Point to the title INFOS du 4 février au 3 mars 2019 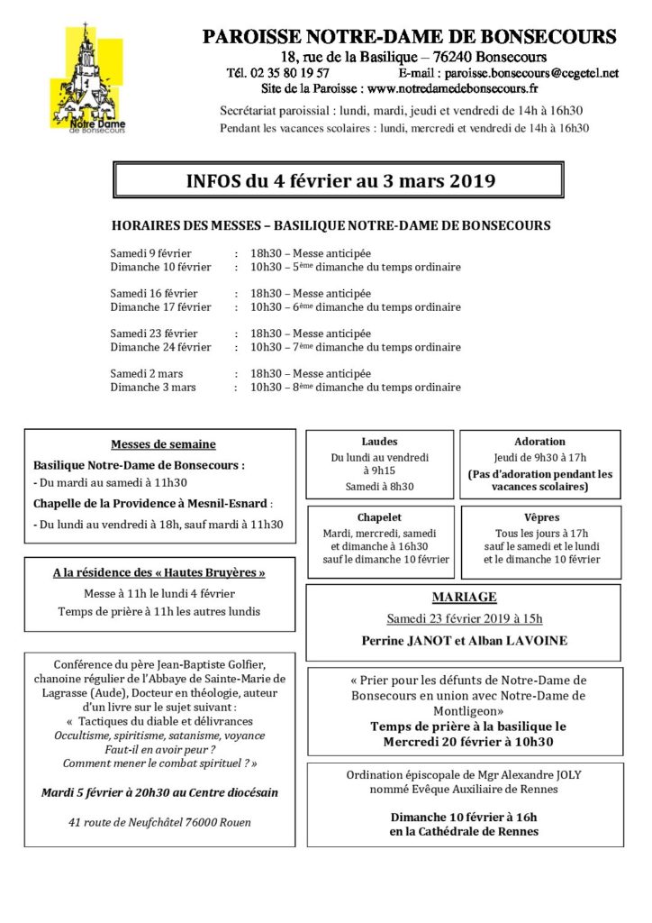[x=340, y=181]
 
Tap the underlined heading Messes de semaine [x=163, y=444]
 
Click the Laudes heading [x=379, y=442]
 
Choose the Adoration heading [x=539, y=442]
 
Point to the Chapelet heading [x=379, y=517]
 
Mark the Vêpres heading [x=539, y=517]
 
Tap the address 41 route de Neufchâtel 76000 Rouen [x=159, y=822]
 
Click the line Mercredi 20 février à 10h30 [x=465, y=742]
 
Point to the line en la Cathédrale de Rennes [x=465, y=831]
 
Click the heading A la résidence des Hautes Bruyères [x=159, y=572]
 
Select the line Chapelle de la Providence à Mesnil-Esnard [x=151, y=503]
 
